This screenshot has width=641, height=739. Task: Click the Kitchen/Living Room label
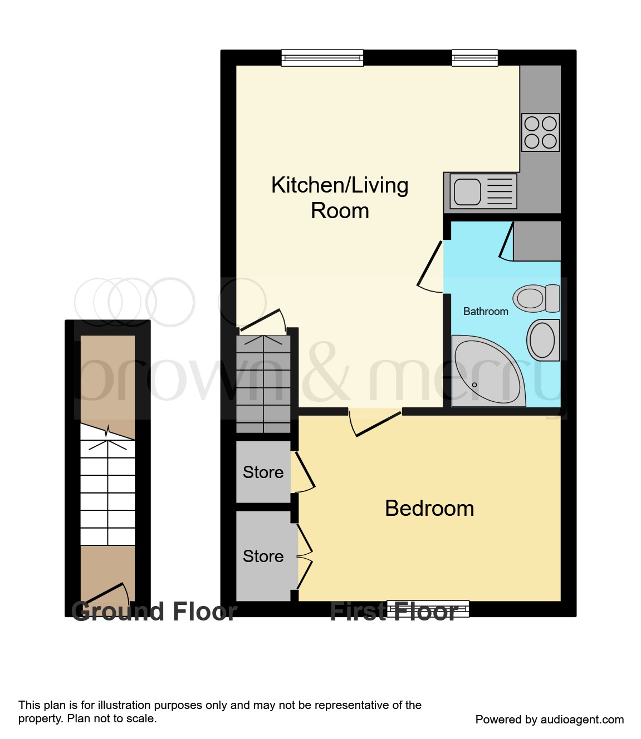(x=340, y=198)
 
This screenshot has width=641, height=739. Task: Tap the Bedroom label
(x=429, y=508)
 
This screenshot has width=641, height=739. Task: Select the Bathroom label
(x=486, y=312)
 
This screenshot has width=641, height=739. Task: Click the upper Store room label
(x=263, y=472)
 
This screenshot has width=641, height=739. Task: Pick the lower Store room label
(x=263, y=556)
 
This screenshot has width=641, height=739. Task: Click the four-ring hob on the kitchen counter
(x=540, y=132)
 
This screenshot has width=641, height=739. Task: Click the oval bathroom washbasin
(x=542, y=340)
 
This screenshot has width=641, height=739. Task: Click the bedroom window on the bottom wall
(x=428, y=608)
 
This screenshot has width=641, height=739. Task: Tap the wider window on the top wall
(x=322, y=58)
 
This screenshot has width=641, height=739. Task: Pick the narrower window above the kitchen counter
(x=474, y=58)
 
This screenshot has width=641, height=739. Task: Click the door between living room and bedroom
(x=376, y=423)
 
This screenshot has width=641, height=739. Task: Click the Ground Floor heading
(x=154, y=612)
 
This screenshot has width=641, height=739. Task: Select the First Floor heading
(x=394, y=612)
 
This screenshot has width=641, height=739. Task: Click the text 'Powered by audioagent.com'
(x=549, y=720)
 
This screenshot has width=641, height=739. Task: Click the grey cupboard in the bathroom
(x=536, y=241)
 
